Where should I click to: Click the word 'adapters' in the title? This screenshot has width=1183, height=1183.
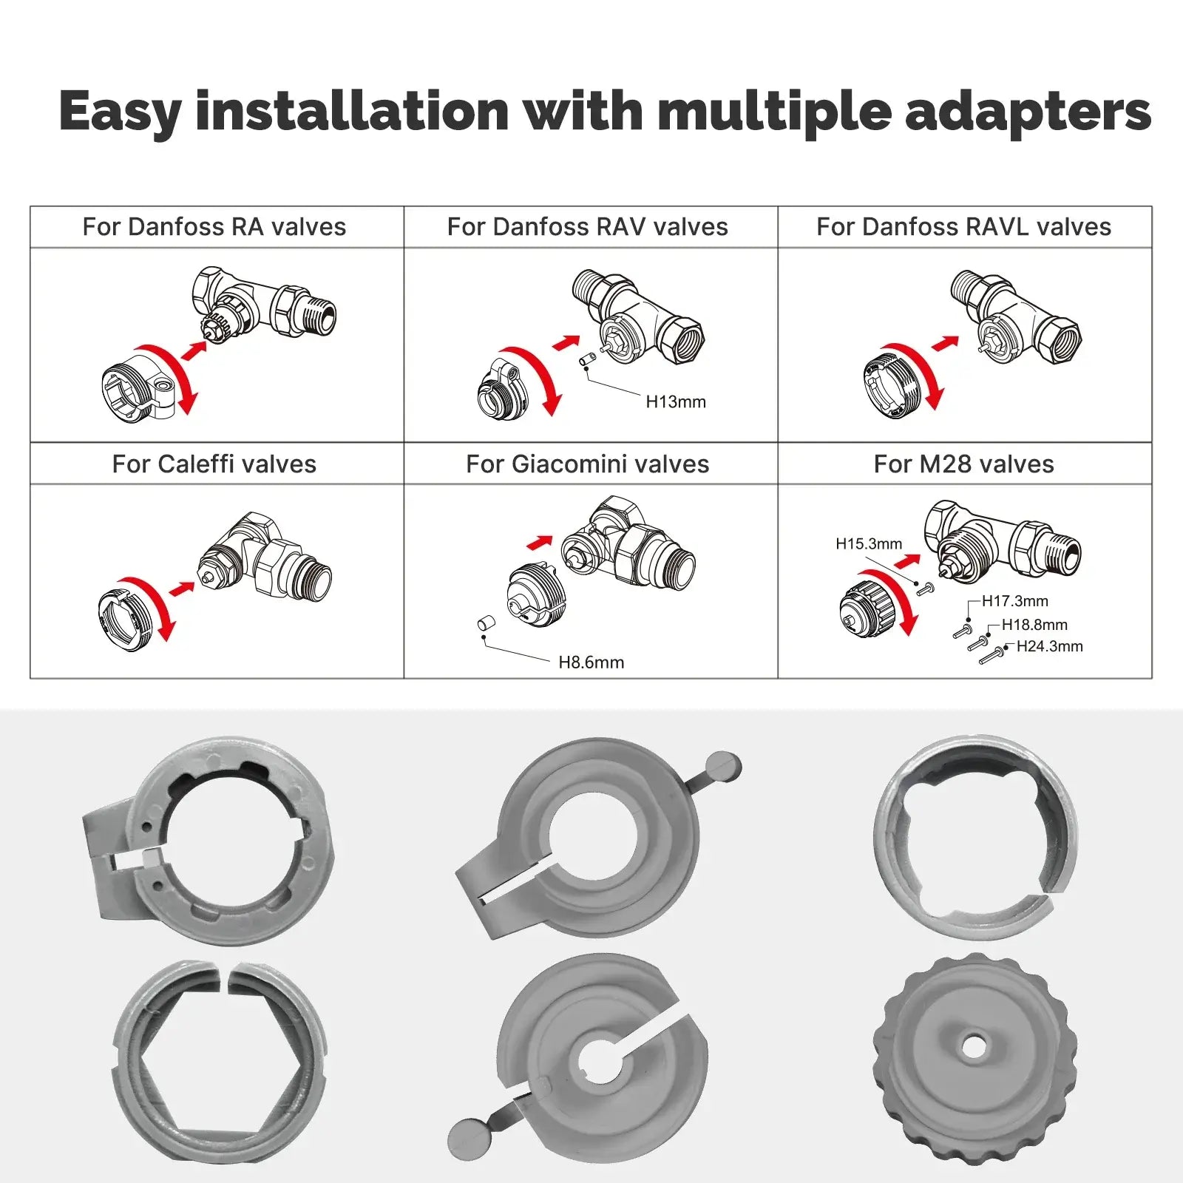click(x=1028, y=112)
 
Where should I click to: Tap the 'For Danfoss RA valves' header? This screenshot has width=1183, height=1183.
click(x=214, y=227)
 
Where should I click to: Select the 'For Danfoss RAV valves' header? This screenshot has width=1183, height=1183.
click(x=588, y=227)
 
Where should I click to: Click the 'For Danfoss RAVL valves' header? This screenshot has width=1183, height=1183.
click(x=963, y=227)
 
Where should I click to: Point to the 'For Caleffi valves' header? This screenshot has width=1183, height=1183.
click(x=214, y=464)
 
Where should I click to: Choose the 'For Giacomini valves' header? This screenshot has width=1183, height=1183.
click(x=588, y=464)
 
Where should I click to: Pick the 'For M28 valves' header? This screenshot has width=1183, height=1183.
click(x=963, y=464)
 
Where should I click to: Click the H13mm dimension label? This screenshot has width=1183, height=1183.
click(x=676, y=402)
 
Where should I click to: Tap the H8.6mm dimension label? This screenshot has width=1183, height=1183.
click(x=591, y=662)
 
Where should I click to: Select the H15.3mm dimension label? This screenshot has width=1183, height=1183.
click(x=869, y=544)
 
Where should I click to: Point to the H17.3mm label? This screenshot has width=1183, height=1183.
click(x=1014, y=601)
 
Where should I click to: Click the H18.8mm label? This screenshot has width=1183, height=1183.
click(x=1034, y=625)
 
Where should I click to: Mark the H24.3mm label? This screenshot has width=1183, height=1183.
click(x=1049, y=646)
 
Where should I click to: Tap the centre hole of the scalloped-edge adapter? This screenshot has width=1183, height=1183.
click(x=973, y=1045)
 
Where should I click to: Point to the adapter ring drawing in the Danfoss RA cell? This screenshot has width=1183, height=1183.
click(x=137, y=386)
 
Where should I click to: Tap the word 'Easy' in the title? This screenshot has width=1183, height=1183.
click(x=120, y=112)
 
